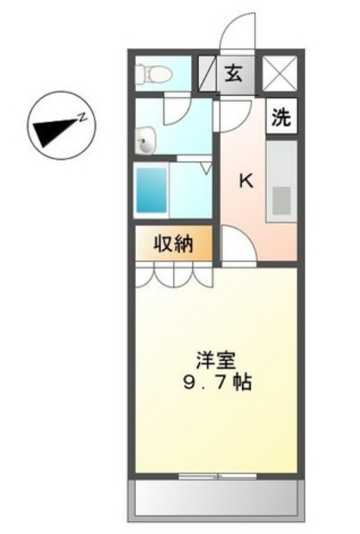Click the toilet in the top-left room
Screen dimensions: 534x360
(155, 74)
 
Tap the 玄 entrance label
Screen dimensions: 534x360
(234, 74)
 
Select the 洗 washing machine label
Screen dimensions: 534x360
(280, 117)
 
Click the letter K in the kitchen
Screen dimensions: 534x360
(244, 181)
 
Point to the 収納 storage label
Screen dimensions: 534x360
(174, 244)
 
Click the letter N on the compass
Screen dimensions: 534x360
(85, 115)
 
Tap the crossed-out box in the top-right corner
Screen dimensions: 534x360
(280, 74)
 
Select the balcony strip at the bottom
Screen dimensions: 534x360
(216, 497)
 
